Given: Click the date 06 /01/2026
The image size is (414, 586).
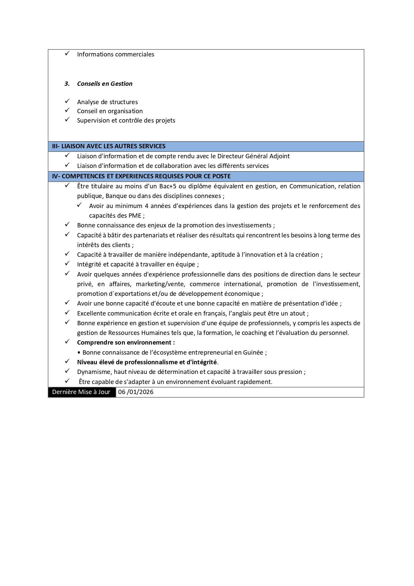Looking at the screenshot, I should (136, 392).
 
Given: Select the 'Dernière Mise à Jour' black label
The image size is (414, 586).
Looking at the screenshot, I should (81, 392).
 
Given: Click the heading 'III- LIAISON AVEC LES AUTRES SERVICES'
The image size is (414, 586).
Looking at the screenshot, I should (109, 146).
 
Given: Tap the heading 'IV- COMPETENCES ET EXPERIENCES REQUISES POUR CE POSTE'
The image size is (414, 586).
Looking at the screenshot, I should (141, 176).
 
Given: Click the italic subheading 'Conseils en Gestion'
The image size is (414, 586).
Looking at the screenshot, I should (105, 84).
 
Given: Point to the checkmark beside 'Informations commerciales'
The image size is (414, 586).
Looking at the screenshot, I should (67, 53).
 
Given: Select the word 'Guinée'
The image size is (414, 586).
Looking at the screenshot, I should (253, 353).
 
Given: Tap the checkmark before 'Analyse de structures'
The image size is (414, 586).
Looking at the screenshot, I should (67, 101).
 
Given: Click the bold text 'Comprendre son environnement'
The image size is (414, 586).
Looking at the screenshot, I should (124, 343).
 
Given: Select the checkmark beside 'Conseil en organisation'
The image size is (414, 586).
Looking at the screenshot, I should (67, 110).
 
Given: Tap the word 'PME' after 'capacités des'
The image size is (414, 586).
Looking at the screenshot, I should (135, 216).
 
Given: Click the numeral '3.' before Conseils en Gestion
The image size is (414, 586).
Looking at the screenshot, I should (67, 84).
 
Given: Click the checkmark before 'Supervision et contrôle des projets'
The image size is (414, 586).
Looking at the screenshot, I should (67, 120).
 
